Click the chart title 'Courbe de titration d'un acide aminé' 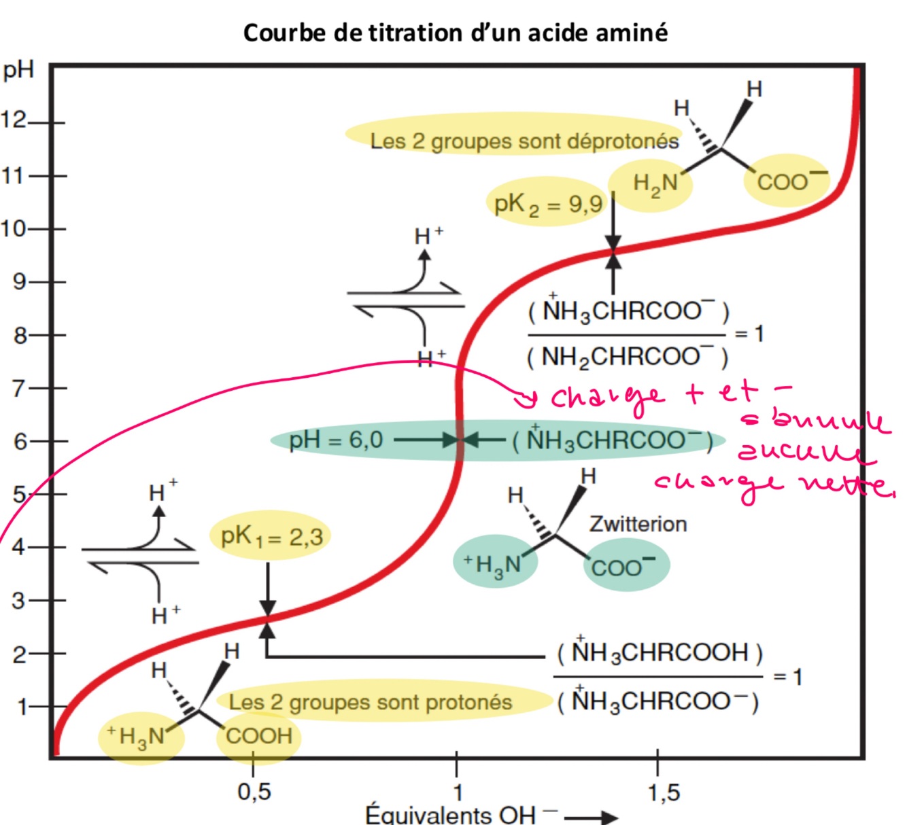point(455,33)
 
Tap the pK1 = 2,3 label point(272,537)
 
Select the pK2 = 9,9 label point(548,203)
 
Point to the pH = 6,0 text point(336,440)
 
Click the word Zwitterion point(638,524)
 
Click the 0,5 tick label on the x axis point(254,792)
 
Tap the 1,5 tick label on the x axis point(663,792)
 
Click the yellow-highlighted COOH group point(258,736)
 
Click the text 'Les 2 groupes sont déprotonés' point(524,141)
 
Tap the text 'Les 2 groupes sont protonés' point(371,702)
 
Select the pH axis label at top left point(18,71)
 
